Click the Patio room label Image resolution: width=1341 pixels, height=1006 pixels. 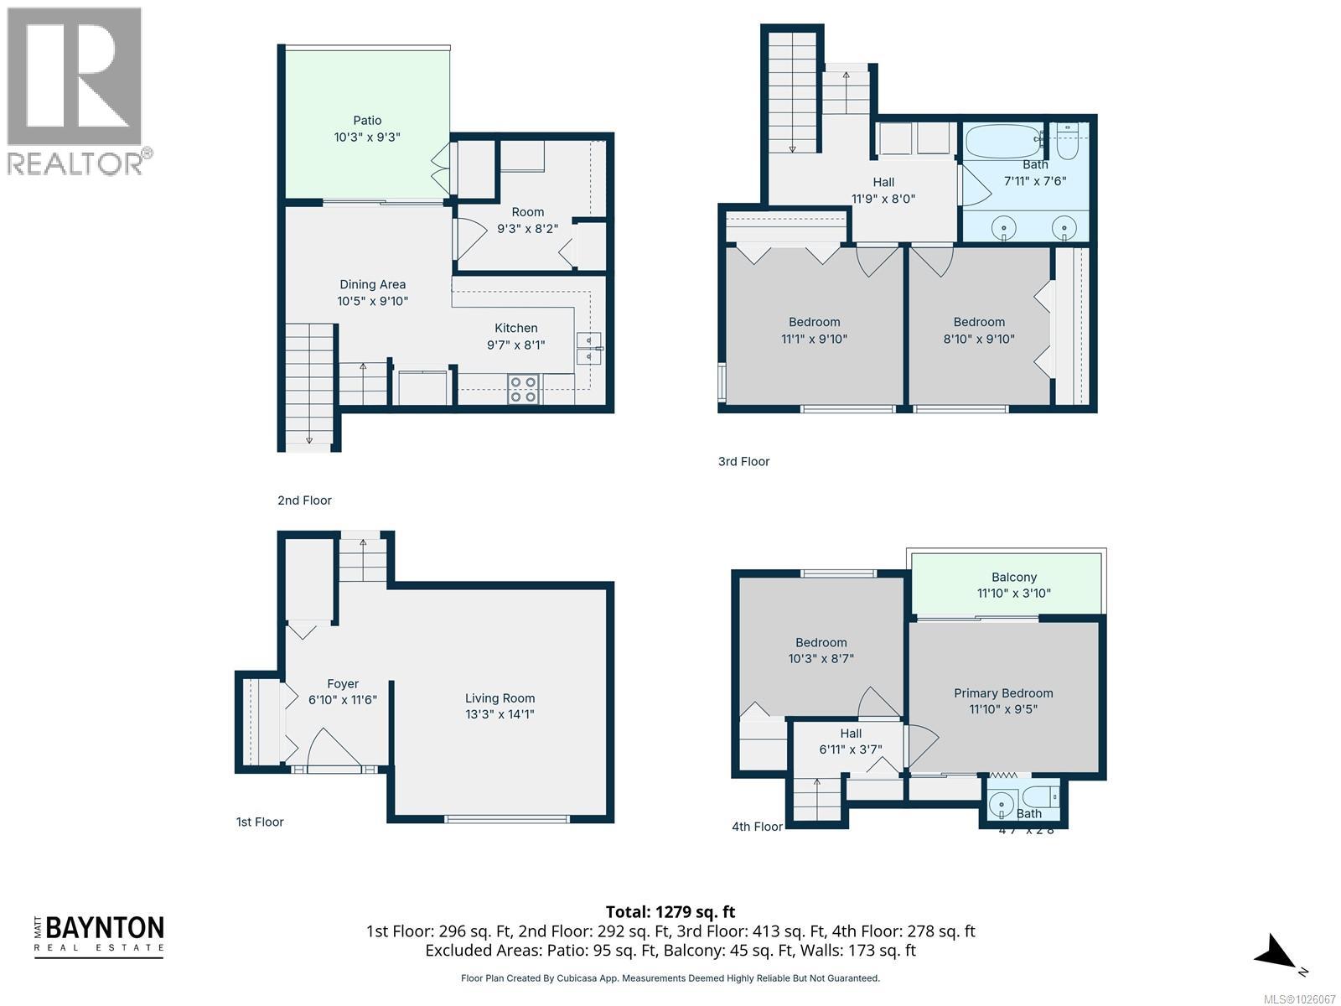point(367,121)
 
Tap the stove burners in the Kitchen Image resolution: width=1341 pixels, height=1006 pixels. point(524,390)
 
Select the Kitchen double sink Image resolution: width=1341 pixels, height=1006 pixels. point(588,348)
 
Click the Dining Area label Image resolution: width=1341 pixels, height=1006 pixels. point(372,285)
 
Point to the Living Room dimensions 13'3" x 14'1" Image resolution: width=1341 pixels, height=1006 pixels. point(500,714)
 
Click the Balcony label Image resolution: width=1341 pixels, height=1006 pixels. point(1013,578)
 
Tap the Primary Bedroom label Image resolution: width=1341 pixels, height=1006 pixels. point(1003,693)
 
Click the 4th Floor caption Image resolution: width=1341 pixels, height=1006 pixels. point(757,827)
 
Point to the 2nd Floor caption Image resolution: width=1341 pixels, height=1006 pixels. point(304,500)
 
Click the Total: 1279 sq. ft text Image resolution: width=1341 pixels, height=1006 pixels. point(670,912)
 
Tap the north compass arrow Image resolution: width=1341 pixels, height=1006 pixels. point(1276,954)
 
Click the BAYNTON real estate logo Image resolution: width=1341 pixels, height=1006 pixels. point(99,936)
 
